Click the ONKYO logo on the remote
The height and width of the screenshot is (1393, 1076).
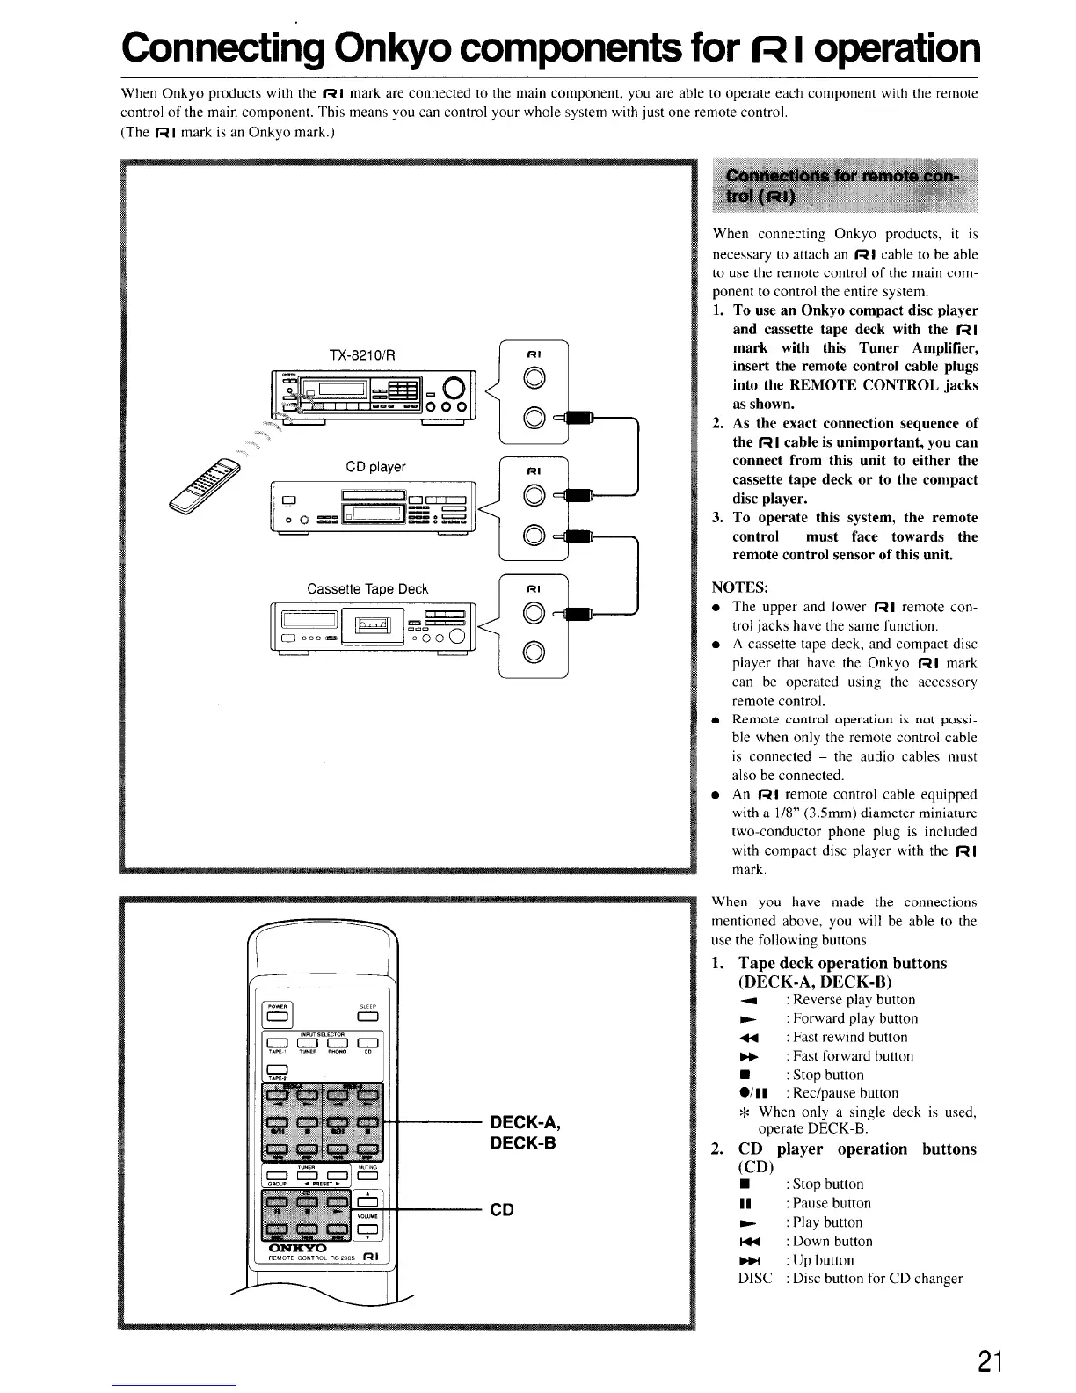click(x=296, y=1248)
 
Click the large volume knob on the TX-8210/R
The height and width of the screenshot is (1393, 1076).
click(x=456, y=386)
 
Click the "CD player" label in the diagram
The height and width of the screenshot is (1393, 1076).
click(x=376, y=466)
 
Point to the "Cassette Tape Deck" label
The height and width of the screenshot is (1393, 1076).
click(x=367, y=588)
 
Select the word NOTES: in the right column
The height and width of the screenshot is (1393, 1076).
click(x=740, y=587)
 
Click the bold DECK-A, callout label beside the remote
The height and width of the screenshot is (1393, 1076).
click(x=525, y=1123)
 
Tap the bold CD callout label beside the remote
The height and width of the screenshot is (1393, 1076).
click(x=502, y=1210)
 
